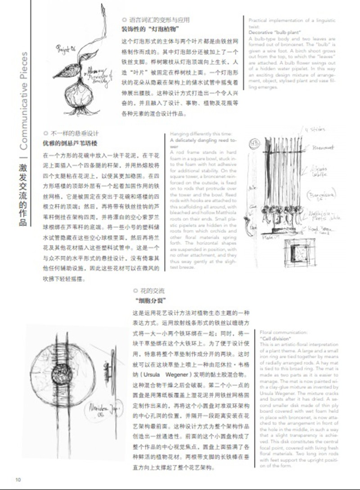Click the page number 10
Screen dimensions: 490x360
[x=18, y=479]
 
